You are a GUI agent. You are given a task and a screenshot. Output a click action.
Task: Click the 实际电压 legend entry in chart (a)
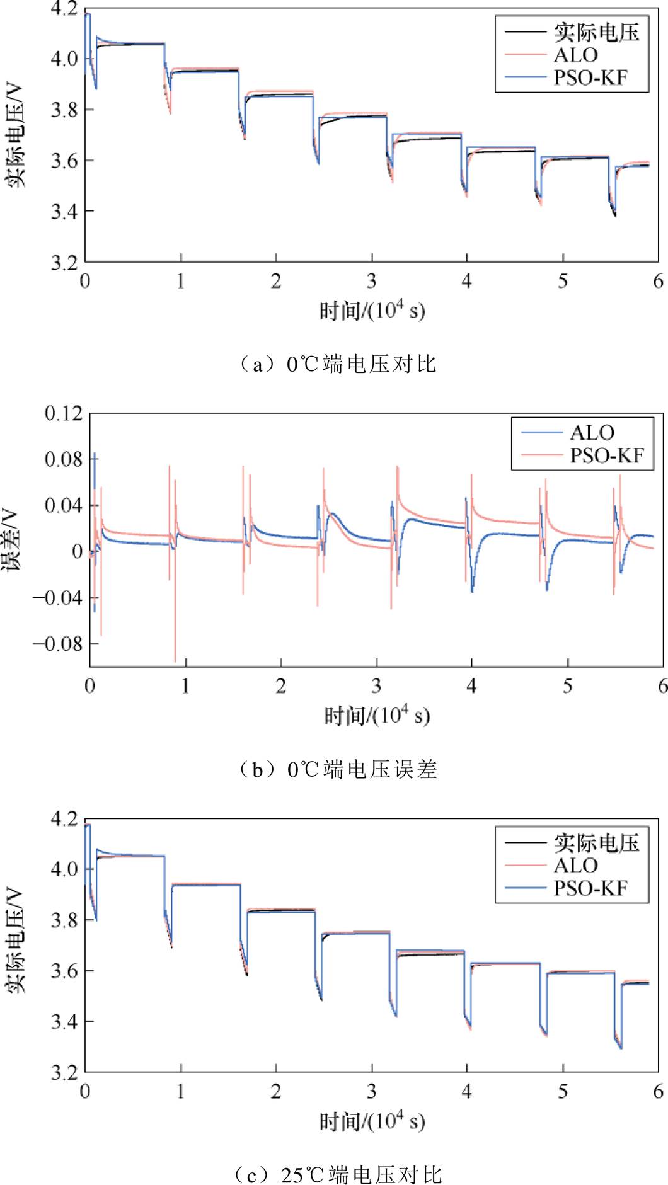[596, 32]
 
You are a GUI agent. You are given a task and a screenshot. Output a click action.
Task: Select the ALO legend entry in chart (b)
[592, 433]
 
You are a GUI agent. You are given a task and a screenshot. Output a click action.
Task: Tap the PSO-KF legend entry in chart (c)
[590, 888]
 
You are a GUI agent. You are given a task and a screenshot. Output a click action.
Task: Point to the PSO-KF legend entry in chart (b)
[607, 455]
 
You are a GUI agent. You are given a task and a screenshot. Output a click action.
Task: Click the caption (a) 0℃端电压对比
[338, 364]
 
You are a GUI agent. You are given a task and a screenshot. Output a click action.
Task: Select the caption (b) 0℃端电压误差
[338, 769]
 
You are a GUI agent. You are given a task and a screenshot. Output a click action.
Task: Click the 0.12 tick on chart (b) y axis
[63, 414]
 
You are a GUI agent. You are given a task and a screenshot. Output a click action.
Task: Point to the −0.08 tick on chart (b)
[58, 644]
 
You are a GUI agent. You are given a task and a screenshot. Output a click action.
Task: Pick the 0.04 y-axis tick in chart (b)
[63, 505]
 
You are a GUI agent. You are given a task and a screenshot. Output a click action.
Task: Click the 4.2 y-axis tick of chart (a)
[64, 9]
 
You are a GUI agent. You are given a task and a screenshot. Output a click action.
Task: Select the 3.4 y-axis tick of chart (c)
[64, 1021]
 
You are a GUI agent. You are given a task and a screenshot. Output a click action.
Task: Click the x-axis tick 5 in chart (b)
[567, 686]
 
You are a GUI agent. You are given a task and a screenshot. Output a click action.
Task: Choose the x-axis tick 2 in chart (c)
[276, 1091]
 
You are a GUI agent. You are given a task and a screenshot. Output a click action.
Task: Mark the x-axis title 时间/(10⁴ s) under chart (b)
[377, 715]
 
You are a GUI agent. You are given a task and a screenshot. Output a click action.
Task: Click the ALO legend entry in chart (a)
[575, 55]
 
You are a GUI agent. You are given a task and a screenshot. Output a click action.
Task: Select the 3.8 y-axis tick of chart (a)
[64, 110]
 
